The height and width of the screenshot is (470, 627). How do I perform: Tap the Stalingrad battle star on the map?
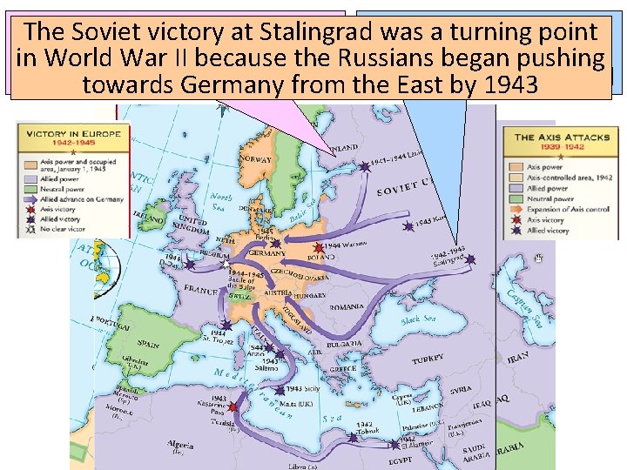(x=470, y=259)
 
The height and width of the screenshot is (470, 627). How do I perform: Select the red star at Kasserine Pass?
(x=233, y=406)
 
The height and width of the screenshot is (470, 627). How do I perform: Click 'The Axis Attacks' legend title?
(x=562, y=138)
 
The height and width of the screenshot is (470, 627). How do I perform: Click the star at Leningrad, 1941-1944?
(x=363, y=164)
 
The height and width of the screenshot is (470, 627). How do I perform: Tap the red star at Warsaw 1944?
(x=318, y=248)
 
